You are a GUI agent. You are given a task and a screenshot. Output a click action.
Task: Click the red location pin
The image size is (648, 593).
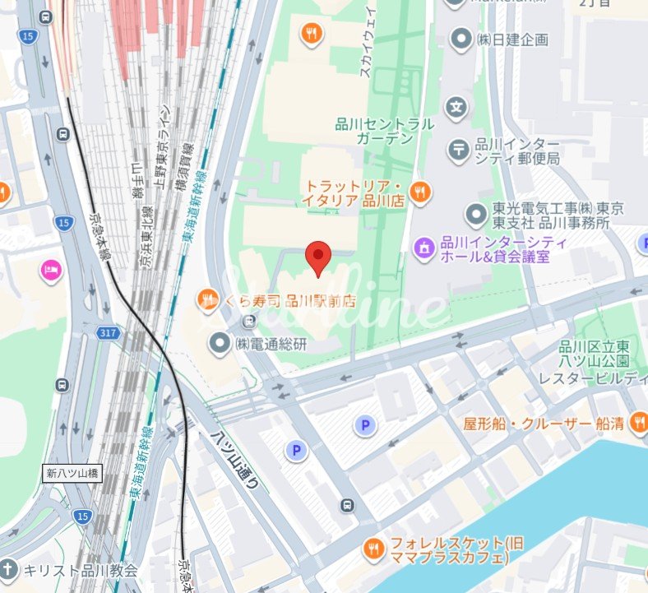point(318,257)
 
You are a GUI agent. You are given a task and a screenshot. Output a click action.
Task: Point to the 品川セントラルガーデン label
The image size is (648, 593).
point(384,132)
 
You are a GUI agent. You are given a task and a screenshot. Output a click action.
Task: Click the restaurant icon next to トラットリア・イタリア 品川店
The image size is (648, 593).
point(420,192)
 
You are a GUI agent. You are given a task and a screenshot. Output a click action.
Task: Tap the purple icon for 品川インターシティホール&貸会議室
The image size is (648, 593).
point(424,245)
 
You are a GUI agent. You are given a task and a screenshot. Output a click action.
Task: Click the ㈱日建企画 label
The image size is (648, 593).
point(513,39)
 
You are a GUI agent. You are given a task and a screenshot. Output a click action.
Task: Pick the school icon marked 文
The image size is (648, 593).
point(456,107)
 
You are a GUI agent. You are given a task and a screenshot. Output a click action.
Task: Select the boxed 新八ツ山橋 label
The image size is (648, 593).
point(72,474)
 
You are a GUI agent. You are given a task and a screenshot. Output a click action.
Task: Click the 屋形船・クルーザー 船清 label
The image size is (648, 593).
point(544,424)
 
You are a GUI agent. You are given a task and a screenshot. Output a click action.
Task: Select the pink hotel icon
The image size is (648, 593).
point(51,270)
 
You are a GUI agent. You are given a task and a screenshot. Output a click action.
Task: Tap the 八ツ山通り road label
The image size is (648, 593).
point(236,461)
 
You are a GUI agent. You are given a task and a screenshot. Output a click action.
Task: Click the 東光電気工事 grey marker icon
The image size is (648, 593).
point(474,215)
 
